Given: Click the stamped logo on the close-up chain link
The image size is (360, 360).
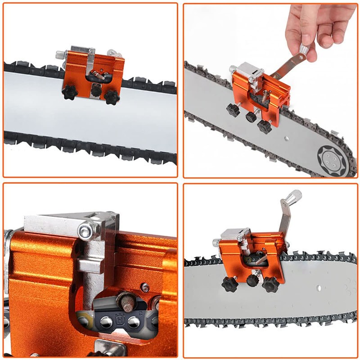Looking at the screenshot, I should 121,321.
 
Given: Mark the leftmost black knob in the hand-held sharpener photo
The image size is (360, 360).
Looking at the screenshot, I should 233,110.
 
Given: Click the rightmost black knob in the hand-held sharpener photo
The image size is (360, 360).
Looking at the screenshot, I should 265,126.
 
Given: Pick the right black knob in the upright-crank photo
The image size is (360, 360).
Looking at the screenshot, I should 270,284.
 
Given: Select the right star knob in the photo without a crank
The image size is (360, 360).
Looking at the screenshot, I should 111,96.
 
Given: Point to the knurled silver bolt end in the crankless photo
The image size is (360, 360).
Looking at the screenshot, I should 59,54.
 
